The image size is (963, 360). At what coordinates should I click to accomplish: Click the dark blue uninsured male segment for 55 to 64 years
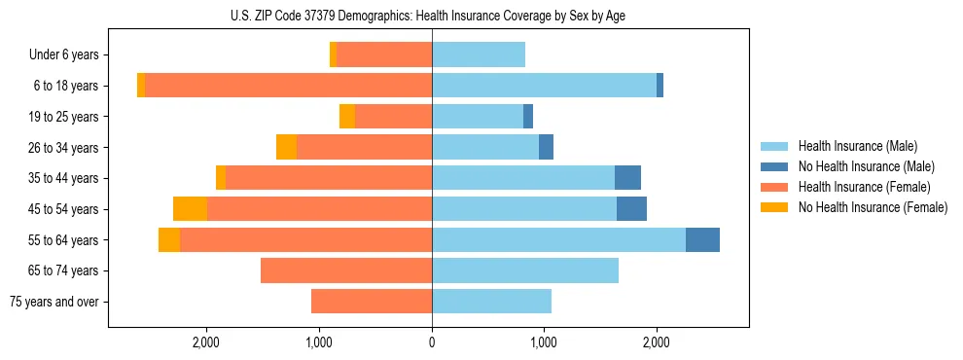702,239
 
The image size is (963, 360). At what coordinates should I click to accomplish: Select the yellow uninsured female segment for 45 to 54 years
190,209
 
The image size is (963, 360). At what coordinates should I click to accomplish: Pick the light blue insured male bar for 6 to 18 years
544,86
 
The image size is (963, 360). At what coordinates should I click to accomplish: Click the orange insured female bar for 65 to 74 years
346,270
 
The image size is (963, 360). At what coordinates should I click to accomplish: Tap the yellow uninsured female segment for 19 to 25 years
347,117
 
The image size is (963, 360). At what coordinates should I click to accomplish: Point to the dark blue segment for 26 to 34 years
546,147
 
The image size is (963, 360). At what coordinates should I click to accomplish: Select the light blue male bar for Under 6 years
479,54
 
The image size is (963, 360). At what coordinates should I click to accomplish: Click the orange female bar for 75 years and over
372,302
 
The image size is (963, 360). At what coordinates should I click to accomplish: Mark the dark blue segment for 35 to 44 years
627,178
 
